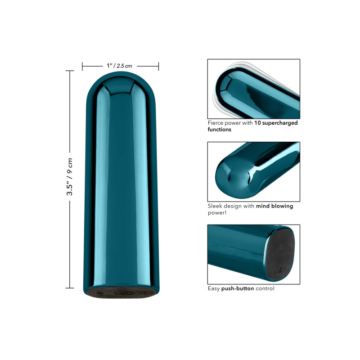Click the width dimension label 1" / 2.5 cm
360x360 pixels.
coord(119,66)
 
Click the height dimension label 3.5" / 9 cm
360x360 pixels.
coord(70,176)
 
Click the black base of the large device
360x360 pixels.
coord(121,292)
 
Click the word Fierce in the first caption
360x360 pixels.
coord(216,123)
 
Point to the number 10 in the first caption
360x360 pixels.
coord(257,123)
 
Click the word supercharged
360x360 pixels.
coord(280,123)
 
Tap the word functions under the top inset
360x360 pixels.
coord(219,130)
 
